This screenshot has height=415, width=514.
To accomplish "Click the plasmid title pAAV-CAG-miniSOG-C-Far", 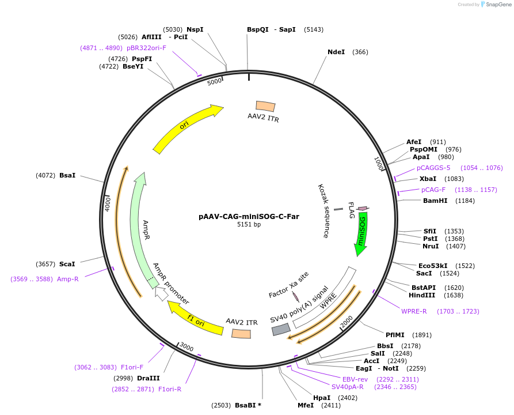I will point(249,217).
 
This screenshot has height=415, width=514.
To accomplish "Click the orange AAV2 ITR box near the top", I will point(265,106).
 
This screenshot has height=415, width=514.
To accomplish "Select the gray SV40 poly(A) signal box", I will point(281,329).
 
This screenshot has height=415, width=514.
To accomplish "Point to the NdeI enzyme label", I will point(336,52).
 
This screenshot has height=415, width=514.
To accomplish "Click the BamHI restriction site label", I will point(435,201).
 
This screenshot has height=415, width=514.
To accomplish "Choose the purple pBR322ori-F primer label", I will point(146,48).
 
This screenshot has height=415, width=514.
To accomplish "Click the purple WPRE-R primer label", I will point(414,311).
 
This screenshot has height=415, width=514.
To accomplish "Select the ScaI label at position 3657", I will point(67,264).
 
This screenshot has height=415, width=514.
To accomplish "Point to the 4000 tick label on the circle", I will point(108,203).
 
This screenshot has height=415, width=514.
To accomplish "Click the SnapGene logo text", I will point(498,4).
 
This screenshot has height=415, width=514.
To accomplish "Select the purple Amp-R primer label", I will point(67,279).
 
